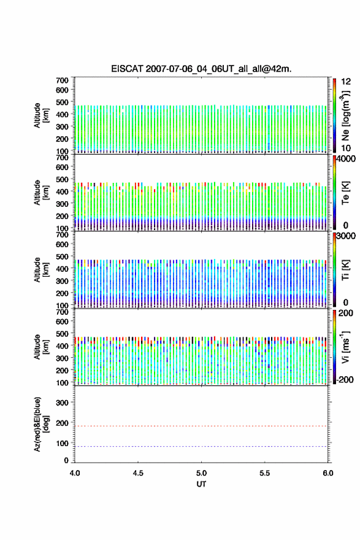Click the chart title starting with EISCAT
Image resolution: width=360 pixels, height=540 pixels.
click(201, 69)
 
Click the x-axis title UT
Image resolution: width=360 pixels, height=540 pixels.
click(201, 484)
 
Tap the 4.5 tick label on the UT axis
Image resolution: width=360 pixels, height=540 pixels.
click(138, 473)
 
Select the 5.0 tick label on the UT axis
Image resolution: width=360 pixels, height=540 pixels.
click(201, 473)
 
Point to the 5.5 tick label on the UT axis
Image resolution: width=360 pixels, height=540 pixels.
click(265, 473)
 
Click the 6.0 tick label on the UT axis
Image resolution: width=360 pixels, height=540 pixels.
click(328, 473)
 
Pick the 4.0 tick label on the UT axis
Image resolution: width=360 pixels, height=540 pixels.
click(75, 473)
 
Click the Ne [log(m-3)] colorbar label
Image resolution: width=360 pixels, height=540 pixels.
click(345, 115)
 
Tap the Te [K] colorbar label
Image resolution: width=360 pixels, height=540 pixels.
click(345, 193)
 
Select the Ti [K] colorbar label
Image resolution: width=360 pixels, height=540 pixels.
click(345, 269)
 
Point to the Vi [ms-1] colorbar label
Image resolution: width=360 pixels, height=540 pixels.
click(345, 347)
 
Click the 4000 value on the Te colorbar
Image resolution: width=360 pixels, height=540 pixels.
click(347, 159)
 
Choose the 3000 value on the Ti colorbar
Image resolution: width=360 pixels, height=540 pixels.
click(347, 236)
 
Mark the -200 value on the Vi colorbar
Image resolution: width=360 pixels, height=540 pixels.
click(343, 379)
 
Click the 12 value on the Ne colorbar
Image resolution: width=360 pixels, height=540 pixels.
click(346, 82)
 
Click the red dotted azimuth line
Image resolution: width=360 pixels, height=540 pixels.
click(201, 426)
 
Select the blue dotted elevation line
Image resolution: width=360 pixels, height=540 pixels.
click(201, 447)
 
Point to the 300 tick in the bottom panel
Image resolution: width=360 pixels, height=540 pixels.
click(62, 403)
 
